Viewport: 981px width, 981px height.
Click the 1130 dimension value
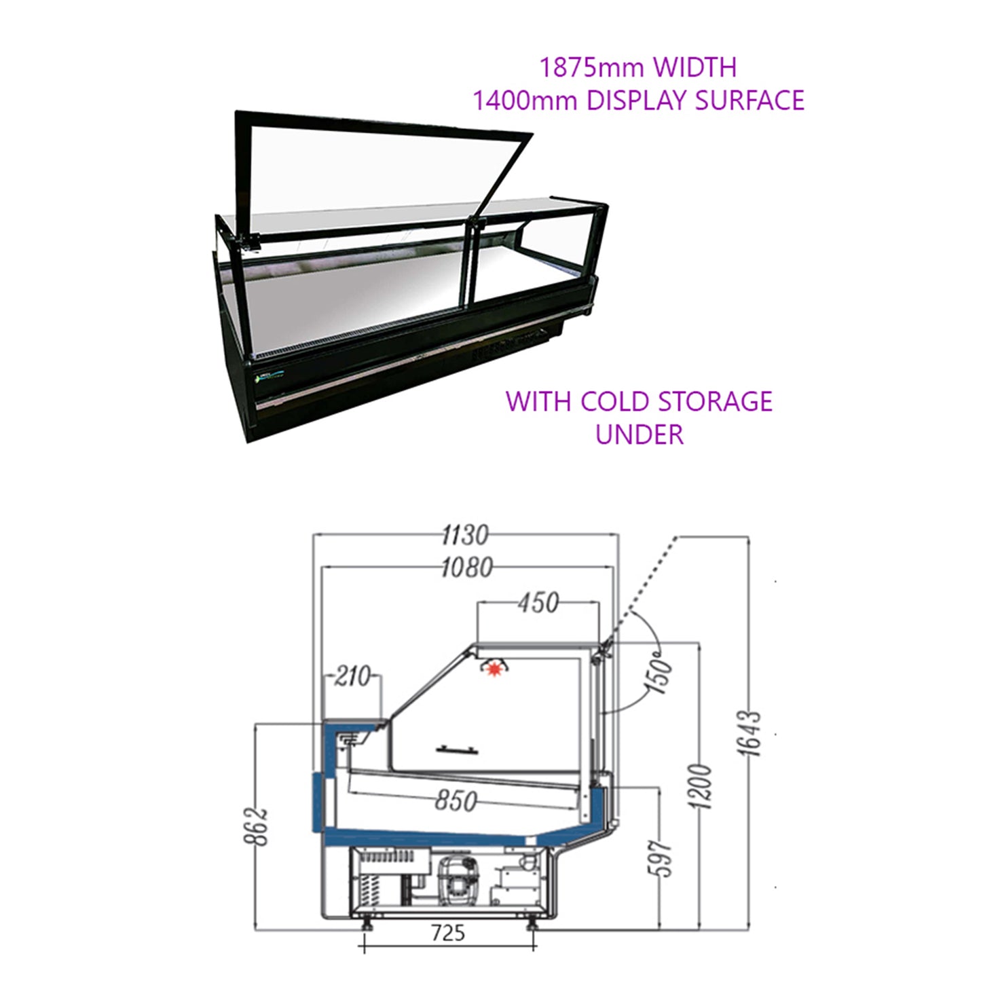tap(465, 535)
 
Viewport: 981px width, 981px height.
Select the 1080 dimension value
tap(467, 567)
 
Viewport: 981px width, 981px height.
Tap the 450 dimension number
tap(538, 604)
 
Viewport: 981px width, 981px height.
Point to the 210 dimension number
tap(352, 677)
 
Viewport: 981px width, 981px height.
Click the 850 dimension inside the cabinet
tap(456, 800)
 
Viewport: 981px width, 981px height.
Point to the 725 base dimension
tap(447, 933)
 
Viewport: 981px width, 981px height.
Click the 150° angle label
tap(661, 676)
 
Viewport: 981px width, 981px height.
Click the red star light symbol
tap(493, 669)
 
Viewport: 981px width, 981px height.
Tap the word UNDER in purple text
tap(639, 434)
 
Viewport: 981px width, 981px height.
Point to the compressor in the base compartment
tap(458, 881)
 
